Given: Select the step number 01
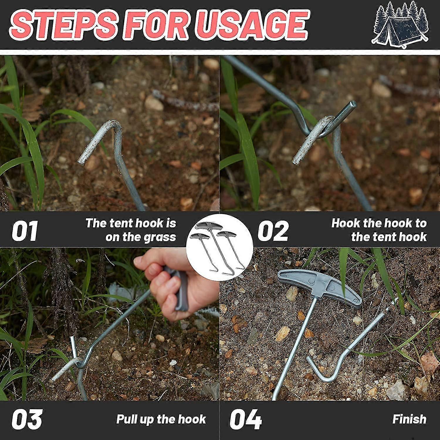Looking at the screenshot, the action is tap(25, 231).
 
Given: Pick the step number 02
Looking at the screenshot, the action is tap(273, 231).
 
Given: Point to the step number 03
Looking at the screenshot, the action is tap(27, 419).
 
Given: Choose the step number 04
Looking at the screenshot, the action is tap(246, 419).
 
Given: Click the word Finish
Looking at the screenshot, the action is tap(409, 419).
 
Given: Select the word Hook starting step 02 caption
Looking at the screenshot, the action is tap(346, 223).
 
